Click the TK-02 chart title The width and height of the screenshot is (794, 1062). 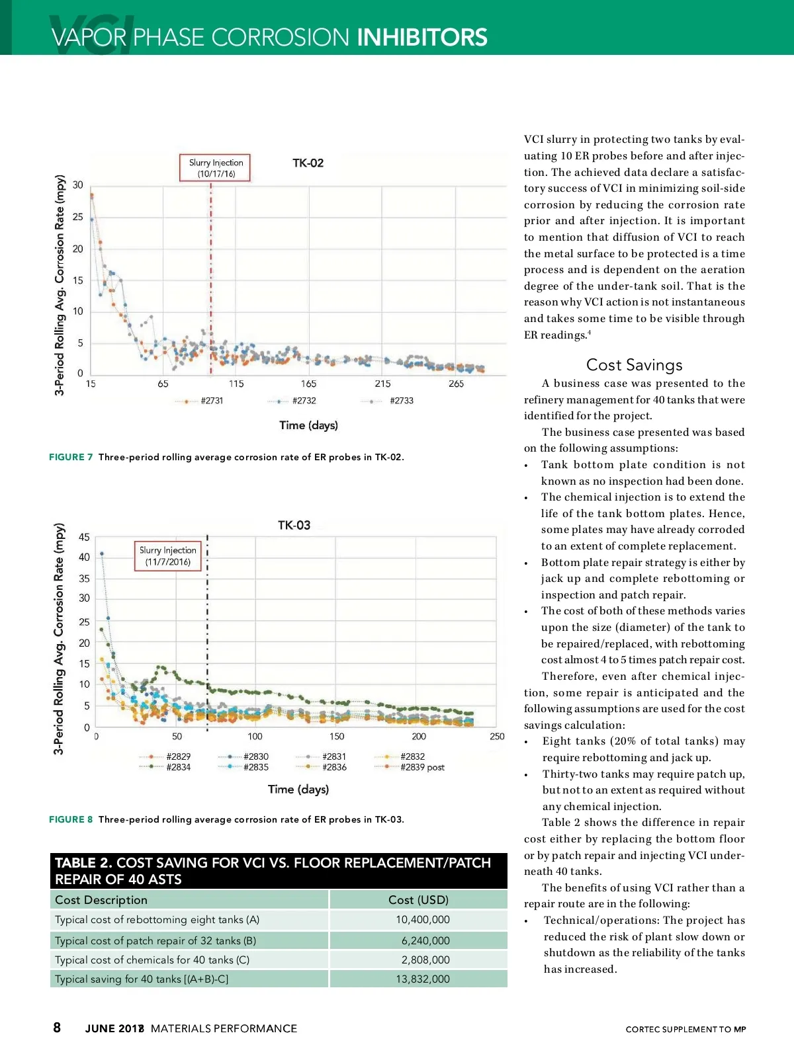point(308,163)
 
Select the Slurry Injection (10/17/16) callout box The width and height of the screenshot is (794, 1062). point(216,168)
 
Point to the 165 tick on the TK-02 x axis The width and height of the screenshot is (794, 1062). point(308,384)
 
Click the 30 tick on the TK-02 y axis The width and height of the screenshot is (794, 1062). point(78,185)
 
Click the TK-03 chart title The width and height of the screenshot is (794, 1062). point(294,525)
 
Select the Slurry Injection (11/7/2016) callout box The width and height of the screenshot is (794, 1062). point(167,556)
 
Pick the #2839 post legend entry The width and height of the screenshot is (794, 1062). point(422,767)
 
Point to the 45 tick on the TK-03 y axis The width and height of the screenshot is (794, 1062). point(84,537)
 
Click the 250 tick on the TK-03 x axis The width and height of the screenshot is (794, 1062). point(497,736)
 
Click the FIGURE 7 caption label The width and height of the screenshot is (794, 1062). point(71,457)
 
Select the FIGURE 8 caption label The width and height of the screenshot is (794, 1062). point(71,819)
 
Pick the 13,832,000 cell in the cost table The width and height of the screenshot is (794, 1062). point(423,979)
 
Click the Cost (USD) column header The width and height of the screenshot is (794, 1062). point(418,899)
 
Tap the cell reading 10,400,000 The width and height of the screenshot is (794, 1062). point(423,919)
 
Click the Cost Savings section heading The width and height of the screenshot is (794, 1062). point(634,365)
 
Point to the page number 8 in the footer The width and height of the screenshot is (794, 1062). point(57,1027)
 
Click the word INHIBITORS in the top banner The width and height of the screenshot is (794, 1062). point(422,37)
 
